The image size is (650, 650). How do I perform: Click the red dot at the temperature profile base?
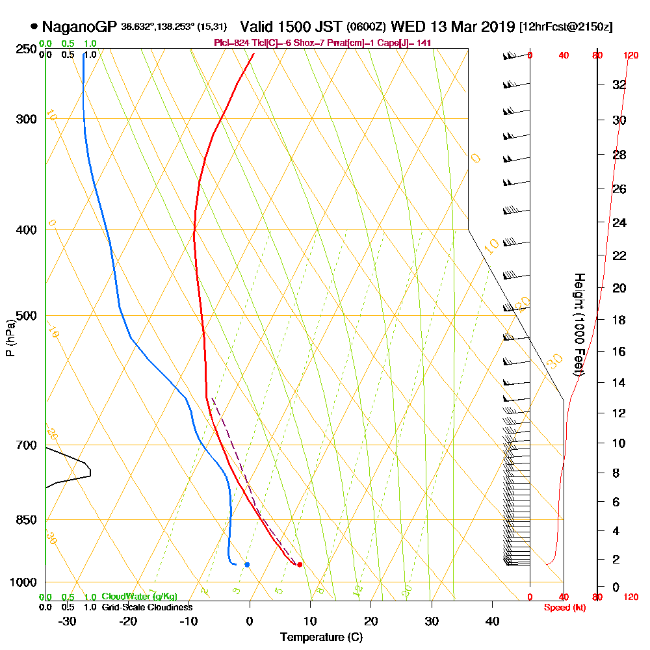[x=300, y=565]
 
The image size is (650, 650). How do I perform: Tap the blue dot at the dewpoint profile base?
[x=247, y=564]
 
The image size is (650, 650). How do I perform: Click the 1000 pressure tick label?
[x=23, y=582]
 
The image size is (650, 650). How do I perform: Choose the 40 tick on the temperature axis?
[x=492, y=621]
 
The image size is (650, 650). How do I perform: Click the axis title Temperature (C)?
[x=321, y=638]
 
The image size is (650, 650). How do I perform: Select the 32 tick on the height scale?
[x=619, y=84]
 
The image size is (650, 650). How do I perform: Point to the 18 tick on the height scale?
[x=619, y=320]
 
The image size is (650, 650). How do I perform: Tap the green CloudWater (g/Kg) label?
[x=139, y=597]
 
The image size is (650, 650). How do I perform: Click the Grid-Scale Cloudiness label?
[x=146, y=607]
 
